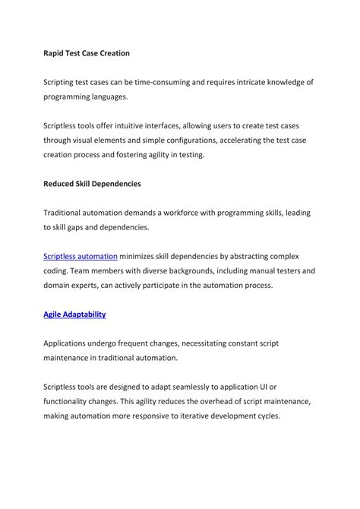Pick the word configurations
[x=207, y=140]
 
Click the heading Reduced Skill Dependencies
[x=92, y=184]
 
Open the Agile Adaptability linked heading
[x=74, y=314]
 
